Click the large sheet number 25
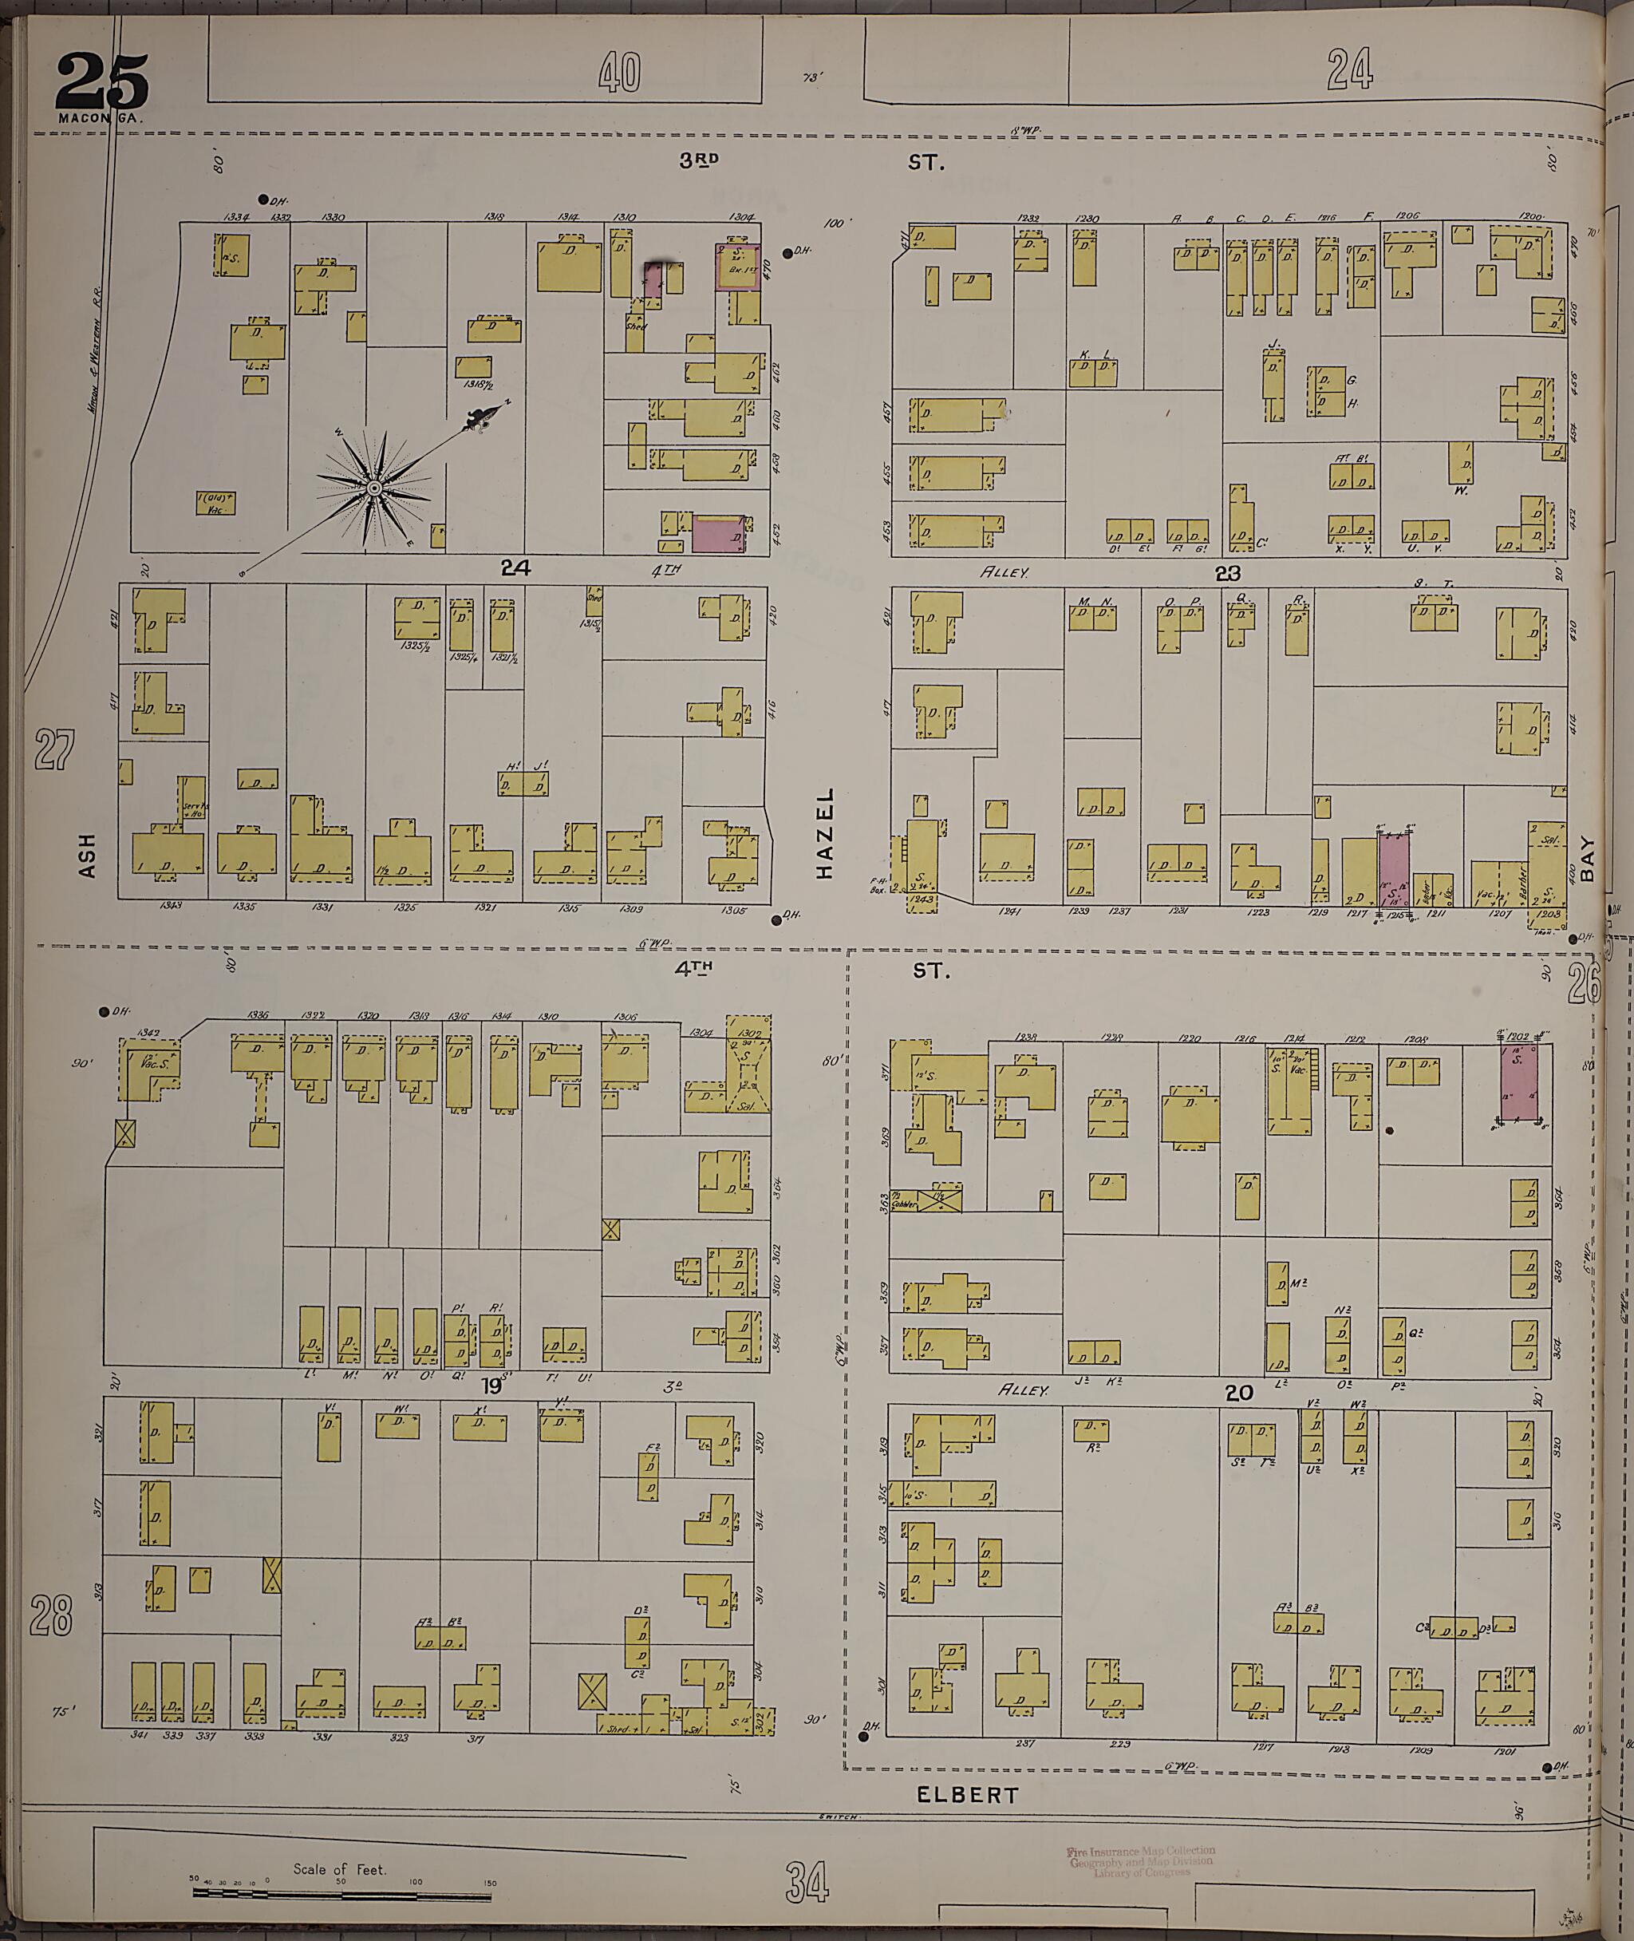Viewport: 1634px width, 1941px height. click(101, 81)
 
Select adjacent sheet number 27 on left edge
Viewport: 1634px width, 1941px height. click(53, 749)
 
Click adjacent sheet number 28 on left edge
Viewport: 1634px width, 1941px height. click(51, 1614)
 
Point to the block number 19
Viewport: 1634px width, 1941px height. click(490, 1387)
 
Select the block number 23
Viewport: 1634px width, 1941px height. click(1227, 574)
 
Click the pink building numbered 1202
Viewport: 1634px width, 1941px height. click(1518, 1082)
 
